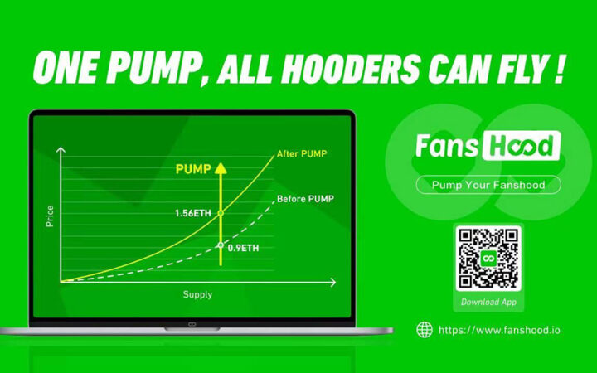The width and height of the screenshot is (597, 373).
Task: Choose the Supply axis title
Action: [x=197, y=294]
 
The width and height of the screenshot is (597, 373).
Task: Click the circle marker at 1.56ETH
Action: [x=221, y=214]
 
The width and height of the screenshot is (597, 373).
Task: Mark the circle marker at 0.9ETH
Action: [x=221, y=245]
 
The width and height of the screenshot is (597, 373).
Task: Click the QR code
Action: [x=488, y=259]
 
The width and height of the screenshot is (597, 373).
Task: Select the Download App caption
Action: [x=488, y=303]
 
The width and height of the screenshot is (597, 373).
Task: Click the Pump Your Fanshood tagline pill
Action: [x=488, y=185]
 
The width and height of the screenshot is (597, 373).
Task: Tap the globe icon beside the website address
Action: [x=425, y=330]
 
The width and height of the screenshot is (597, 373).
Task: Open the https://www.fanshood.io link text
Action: [x=498, y=330]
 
